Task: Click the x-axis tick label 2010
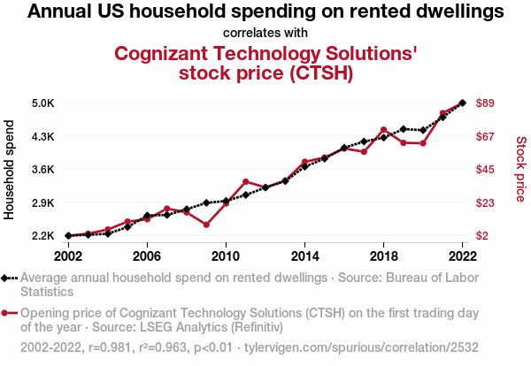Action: (226, 256)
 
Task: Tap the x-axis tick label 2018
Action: (383, 256)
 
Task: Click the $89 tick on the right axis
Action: (485, 103)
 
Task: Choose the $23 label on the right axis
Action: (485, 203)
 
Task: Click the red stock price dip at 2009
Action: (206, 225)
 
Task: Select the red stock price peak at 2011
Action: (245, 182)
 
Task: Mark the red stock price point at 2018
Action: (383, 130)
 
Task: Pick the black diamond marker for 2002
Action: (68, 236)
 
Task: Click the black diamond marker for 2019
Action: (404, 129)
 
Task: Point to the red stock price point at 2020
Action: (423, 143)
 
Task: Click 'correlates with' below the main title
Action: (265, 33)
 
